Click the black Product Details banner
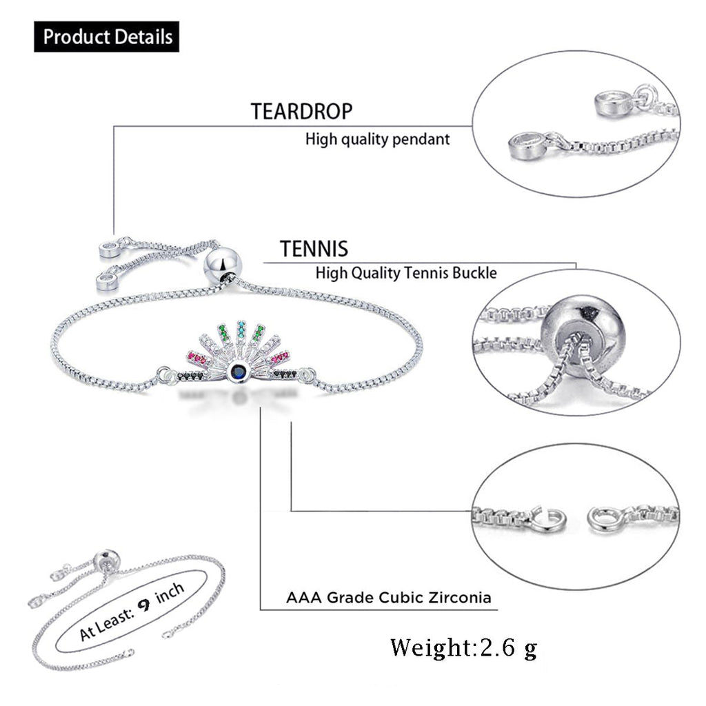point(107,37)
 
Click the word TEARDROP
point(302,112)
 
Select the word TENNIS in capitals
point(314,248)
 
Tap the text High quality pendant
point(377,139)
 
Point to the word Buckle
point(474,273)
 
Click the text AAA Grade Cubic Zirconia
point(389,598)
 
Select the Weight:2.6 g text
point(464,647)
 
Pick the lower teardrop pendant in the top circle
point(527,146)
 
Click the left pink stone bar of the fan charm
point(198,359)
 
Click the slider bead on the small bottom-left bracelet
point(106,561)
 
